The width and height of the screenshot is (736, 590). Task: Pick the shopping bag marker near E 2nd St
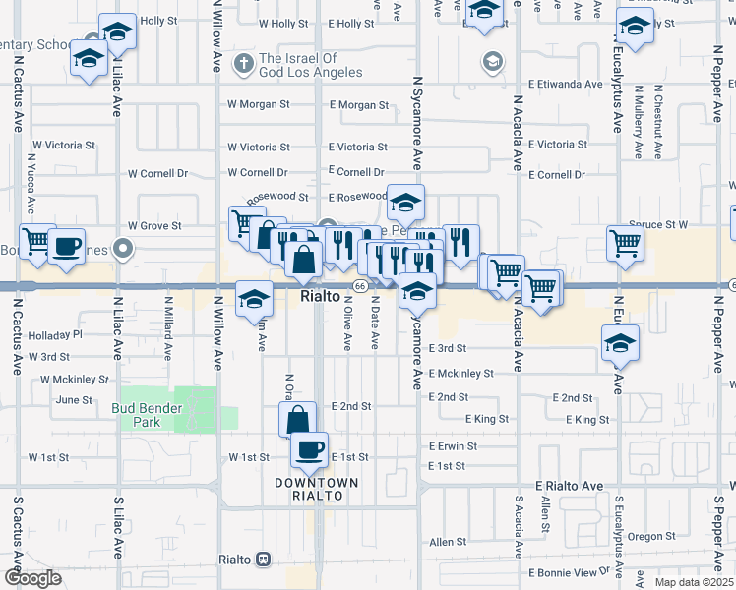[298, 420]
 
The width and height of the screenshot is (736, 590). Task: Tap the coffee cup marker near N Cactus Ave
[67, 246]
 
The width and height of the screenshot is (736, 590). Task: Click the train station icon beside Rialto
[263, 560]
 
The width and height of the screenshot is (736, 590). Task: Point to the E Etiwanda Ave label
[565, 85]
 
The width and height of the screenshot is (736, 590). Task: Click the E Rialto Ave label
[569, 487]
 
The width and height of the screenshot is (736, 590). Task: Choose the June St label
[74, 400]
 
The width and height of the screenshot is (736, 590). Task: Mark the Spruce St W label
[659, 224]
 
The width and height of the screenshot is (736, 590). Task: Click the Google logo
[33, 578]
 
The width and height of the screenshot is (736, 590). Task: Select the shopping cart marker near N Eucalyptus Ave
[626, 243]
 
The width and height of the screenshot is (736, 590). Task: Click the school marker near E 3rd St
[621, 343]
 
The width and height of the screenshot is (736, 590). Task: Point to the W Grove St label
[154, 226]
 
